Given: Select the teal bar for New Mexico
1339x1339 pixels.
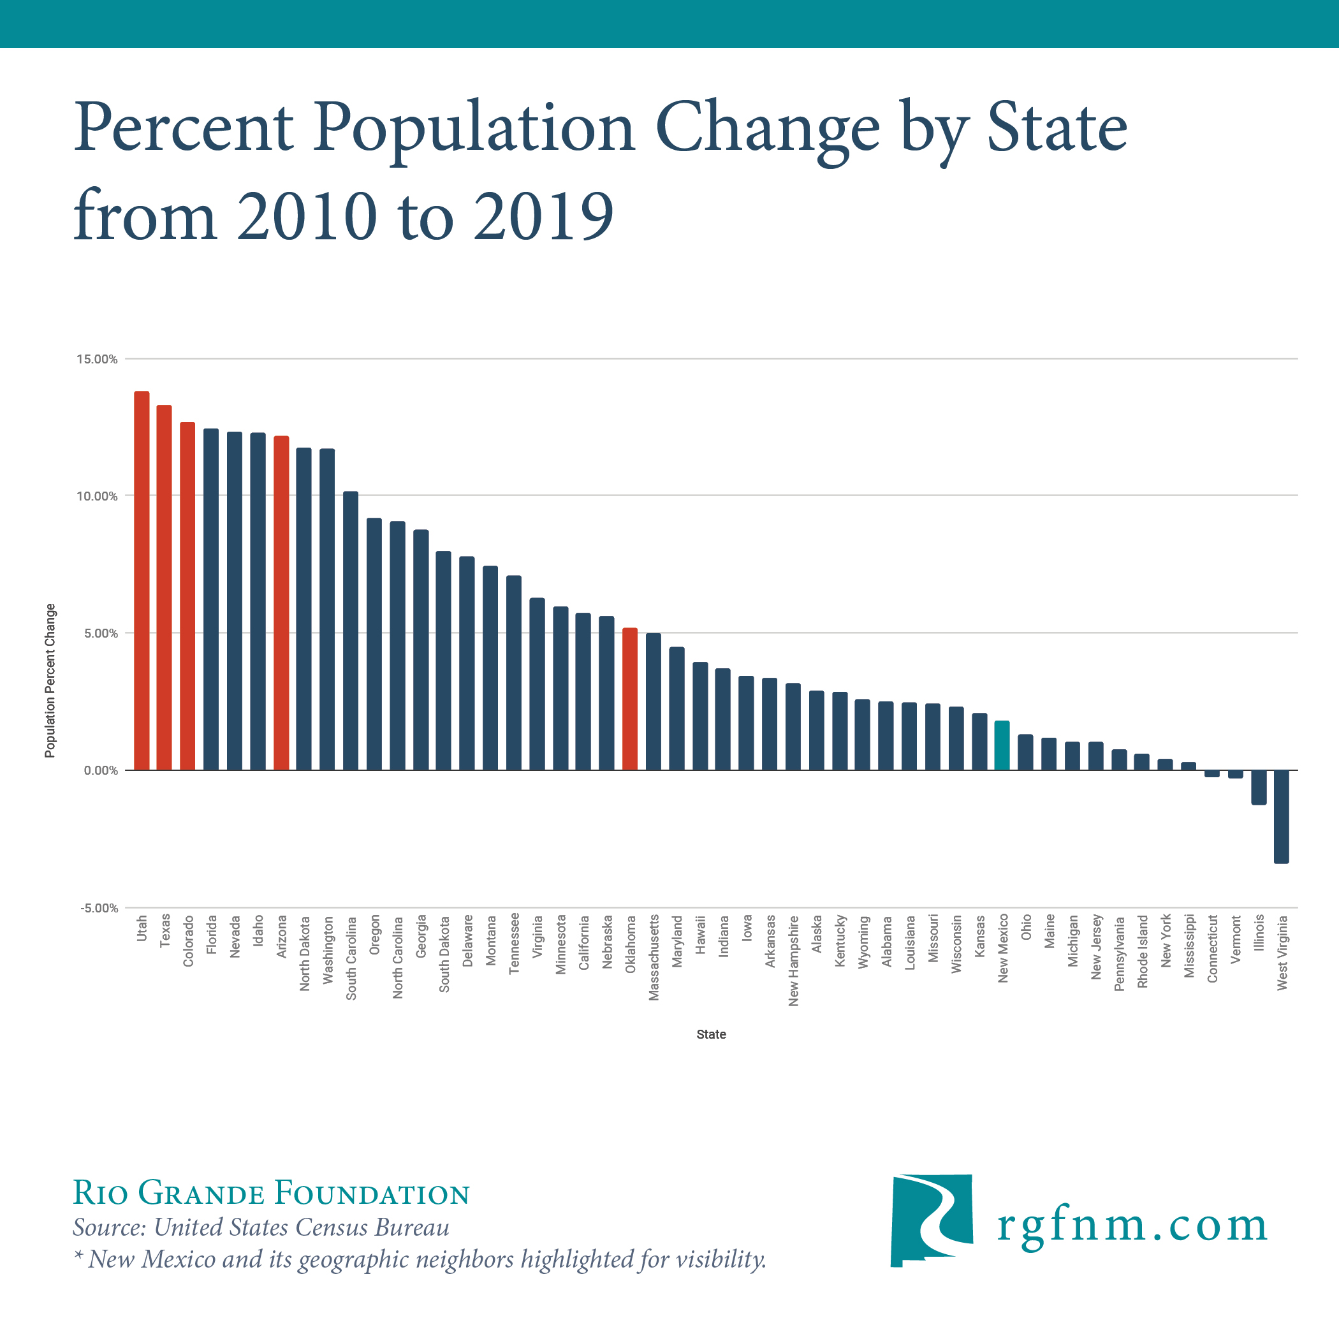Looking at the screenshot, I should (x=1002, y=746).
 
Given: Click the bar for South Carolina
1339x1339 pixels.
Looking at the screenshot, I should (x=351, y=631).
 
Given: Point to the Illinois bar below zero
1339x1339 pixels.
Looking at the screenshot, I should (x=1259, y=787).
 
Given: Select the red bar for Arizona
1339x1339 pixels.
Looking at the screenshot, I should (x=281, y=603).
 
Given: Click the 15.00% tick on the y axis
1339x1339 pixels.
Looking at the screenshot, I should (x=97, y=359).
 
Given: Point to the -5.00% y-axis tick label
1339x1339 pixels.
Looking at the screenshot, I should (x=99, y=908).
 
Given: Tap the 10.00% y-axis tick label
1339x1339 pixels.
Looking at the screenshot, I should (x=97, y=496).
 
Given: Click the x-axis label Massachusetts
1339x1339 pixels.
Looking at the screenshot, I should (x=654, y=958).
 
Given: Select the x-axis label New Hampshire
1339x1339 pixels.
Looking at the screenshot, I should (x=794, y=961).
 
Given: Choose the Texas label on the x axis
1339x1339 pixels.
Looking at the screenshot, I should (x=165, y=931).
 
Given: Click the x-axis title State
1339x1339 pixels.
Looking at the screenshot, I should (x=711, y=1034).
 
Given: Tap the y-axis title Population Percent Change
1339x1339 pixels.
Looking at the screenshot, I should (x=50, y=680).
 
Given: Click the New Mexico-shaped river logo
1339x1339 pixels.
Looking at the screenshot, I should (x=931, y=1220).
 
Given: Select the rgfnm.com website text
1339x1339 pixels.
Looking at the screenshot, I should (x=1132, y=1226).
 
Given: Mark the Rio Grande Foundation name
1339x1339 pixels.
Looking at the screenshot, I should (x=271, y=1193).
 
